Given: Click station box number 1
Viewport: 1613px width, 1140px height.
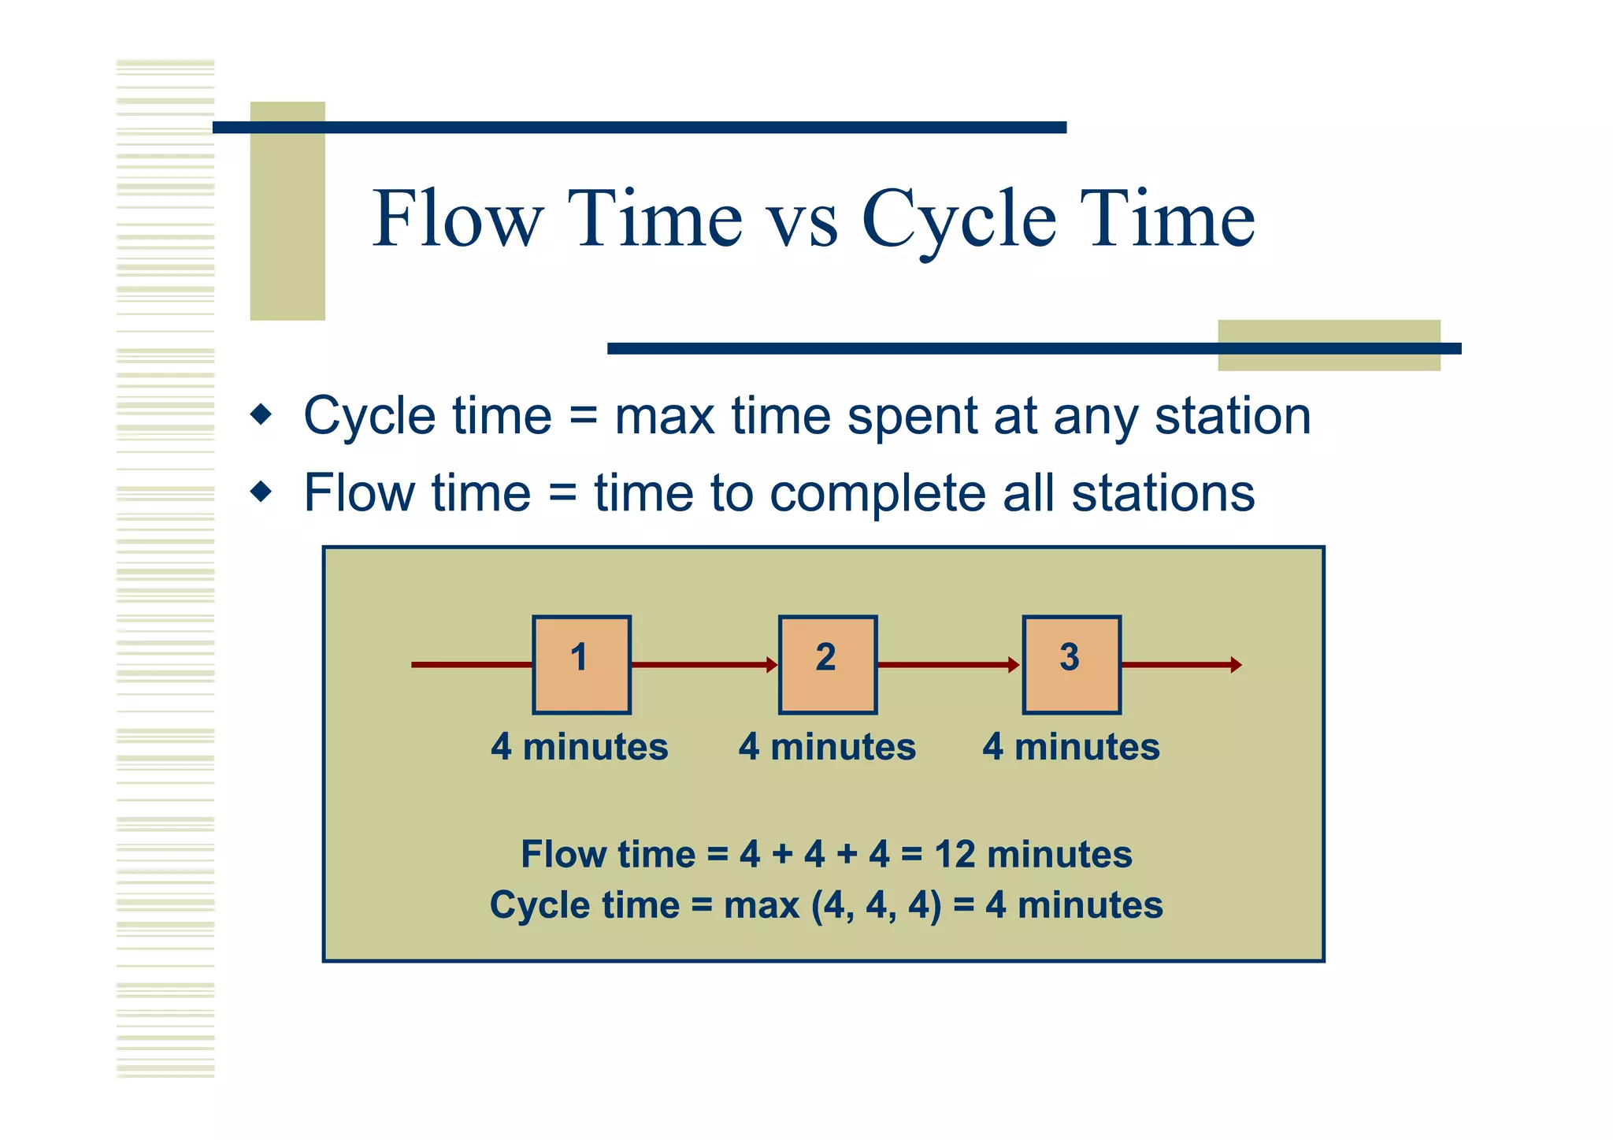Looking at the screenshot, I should [581, 665].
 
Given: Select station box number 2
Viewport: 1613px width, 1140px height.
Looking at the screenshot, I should [827, 665].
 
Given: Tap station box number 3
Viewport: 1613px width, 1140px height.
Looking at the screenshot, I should [1071, 665].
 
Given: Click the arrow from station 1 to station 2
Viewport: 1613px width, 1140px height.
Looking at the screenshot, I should [704, 665].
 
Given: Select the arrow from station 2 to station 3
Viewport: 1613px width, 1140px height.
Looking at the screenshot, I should [948, 665].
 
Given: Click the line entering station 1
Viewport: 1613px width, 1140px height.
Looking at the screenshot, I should [471, 665].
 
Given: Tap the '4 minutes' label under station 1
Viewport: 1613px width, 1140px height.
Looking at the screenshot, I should [579, 747].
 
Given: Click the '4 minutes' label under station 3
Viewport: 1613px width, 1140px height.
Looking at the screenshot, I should [1070, 747].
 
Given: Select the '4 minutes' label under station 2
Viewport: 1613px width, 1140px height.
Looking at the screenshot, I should [827, 747].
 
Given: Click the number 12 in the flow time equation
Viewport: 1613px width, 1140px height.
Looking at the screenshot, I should [956, 855].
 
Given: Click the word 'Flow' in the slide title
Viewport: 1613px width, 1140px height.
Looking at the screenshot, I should [458, 219].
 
